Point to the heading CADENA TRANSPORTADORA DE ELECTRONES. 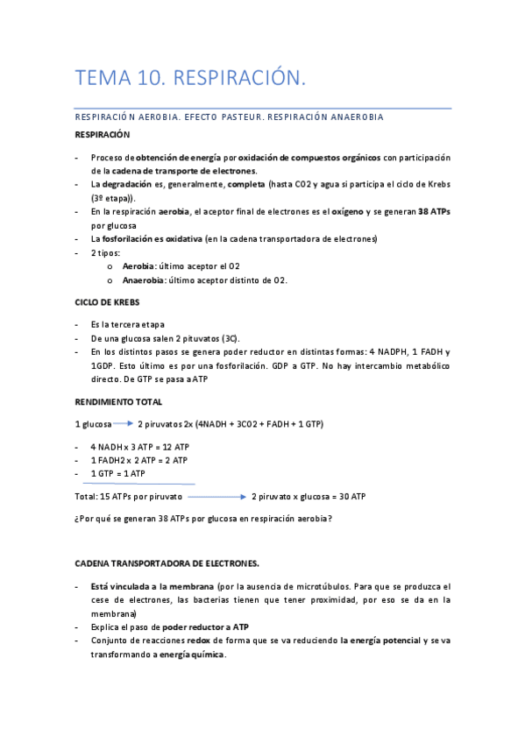coord(167,563)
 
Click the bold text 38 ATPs coord(435,211)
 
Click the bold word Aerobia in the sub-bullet coord(138,265)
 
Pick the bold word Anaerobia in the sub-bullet coord(143,280)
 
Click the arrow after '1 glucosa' coord(124,425)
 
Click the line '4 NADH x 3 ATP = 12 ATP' coord(140,447)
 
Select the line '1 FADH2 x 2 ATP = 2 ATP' coord(138,460)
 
